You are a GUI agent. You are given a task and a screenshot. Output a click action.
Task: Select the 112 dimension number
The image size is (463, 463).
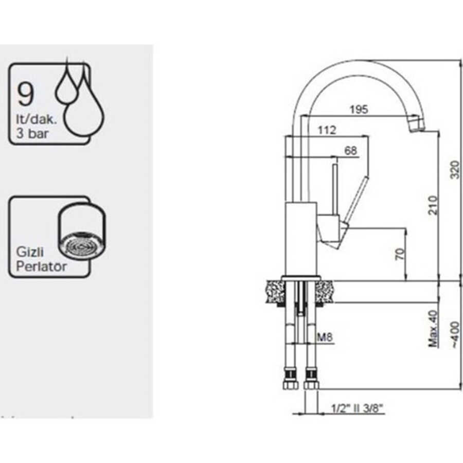[327, 131]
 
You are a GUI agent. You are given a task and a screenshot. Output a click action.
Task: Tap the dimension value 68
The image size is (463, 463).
[350, 151]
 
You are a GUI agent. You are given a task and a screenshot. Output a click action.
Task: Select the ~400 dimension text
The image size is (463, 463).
[453, 336]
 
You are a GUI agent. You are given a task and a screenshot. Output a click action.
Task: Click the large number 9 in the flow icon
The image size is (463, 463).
[26, 94]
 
